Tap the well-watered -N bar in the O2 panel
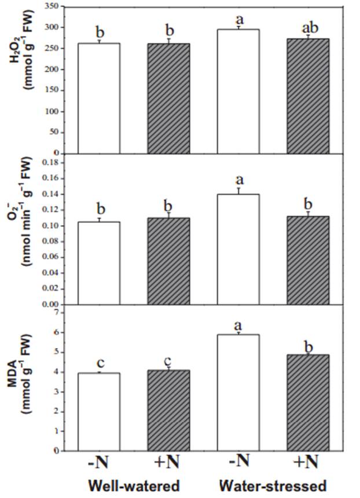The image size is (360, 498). (100, 263)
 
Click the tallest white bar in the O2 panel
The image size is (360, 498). (238, 249)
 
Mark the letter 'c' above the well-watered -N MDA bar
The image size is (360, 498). (100, 363)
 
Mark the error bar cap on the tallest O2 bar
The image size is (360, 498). (238, 188)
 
